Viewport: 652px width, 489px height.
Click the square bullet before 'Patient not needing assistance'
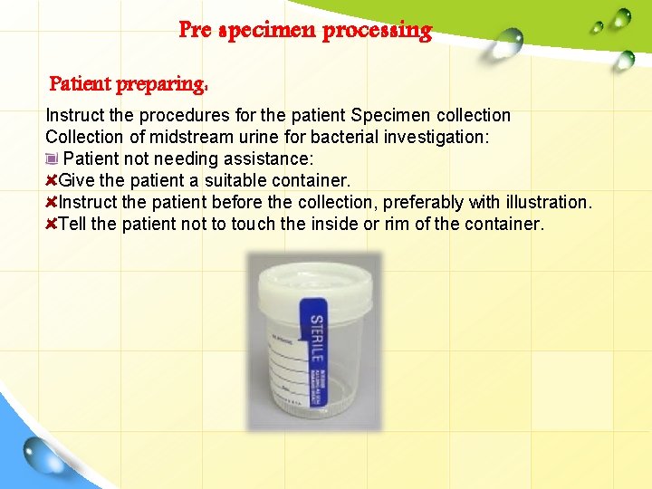click(52, 159)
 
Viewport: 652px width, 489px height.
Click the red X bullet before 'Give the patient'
click(52, 180)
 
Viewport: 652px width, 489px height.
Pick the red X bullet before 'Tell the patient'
click(52, 224)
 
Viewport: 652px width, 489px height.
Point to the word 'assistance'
click(247, 158)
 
